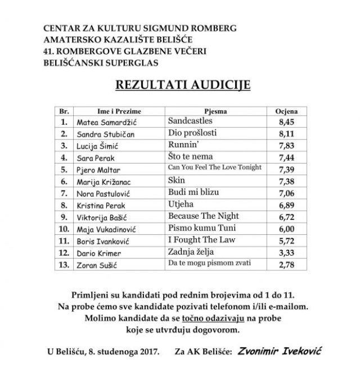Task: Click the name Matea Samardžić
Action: click(x=103, y=121)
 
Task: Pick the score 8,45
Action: click(x=287, y=121)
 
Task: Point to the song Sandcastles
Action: click(x=192, y=120)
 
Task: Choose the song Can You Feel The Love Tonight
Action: click(x=215, y=167)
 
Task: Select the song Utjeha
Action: click(x=181, y=205)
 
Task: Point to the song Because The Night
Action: click(x=204, y=216)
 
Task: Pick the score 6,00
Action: click(x=287, y=229)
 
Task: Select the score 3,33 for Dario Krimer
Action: click(x=287, y=252)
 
